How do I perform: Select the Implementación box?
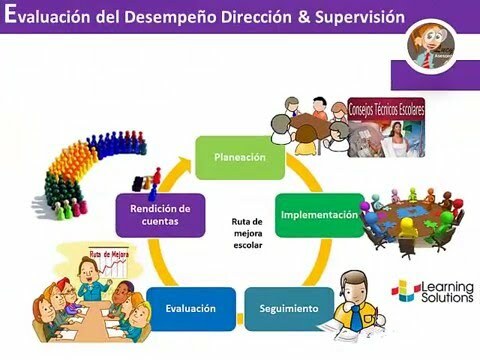coord(318,214)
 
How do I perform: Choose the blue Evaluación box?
coord(191,308)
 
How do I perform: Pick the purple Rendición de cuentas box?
coord(153,214)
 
